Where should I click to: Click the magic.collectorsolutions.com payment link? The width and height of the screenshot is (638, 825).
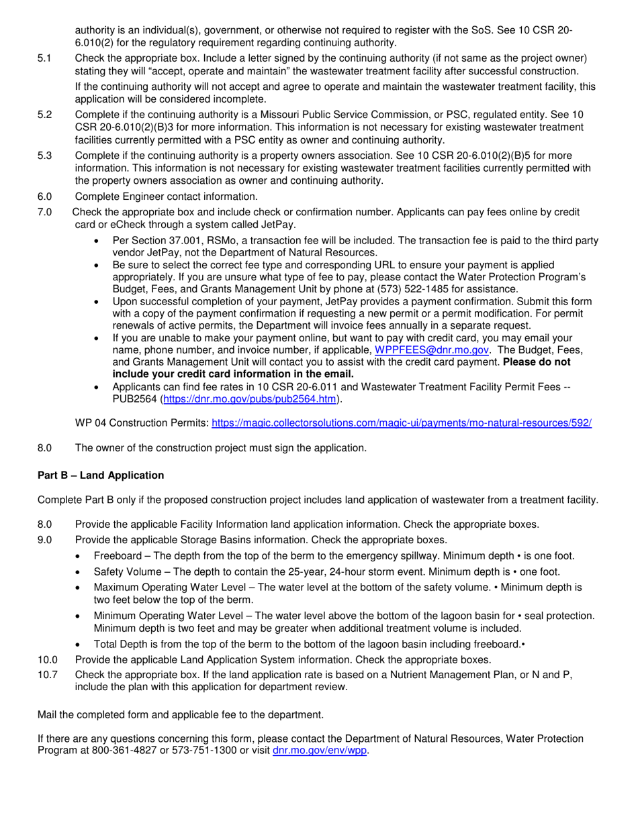click(402, 423)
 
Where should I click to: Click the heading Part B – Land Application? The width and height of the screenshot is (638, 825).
click(101, 475)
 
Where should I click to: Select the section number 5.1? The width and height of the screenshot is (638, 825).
click(45, 58)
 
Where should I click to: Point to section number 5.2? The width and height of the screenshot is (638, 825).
click(45, 115)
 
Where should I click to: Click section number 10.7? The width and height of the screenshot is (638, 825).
click(48, 675)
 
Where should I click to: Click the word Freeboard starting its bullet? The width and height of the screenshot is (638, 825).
click(118, 556)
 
